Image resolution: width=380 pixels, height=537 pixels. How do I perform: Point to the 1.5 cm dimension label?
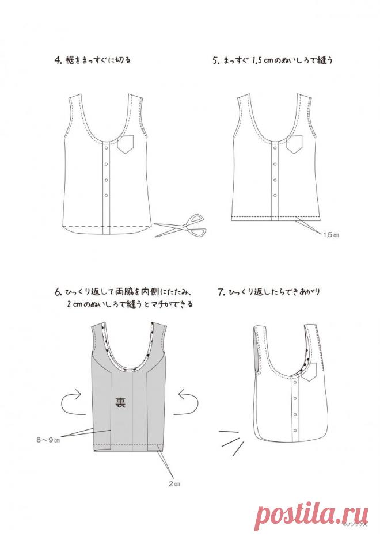click(332, 235)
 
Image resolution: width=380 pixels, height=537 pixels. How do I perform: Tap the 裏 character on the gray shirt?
click(120, 401)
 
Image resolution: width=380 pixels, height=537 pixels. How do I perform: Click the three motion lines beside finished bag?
click(231, 439)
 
